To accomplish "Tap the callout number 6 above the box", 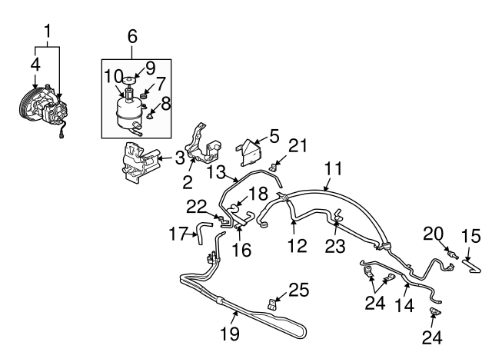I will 131,36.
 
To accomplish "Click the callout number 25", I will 298,290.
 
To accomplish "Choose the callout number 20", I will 434,233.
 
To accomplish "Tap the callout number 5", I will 273,138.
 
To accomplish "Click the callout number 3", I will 179,158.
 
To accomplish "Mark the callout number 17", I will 178,232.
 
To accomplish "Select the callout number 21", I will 298,145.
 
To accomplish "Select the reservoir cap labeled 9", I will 128,79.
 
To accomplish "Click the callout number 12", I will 298,246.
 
